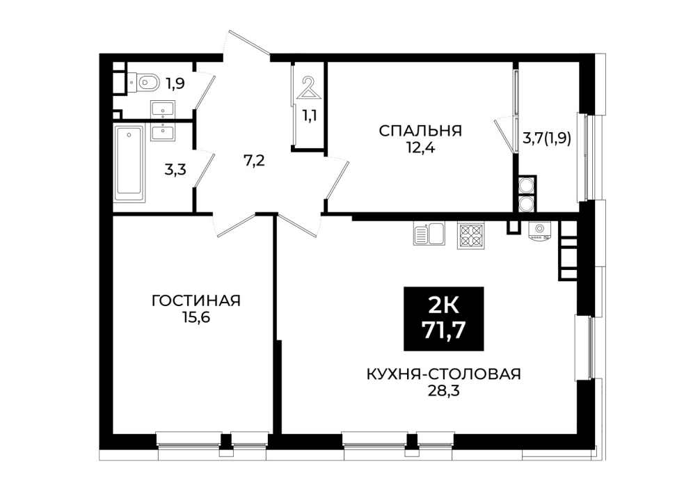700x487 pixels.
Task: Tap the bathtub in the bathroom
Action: click(x=129, y=163)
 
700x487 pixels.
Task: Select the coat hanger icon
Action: click(x=308, y=88)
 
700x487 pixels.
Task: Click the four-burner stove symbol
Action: click(x=470, y=235)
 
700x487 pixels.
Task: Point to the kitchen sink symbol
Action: click(x=428, y=234)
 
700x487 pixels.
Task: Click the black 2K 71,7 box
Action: click(x=444, y=318)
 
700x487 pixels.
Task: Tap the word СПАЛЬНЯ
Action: click(x=420, y=131)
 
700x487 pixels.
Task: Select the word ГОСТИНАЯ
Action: click(x=196, y=301)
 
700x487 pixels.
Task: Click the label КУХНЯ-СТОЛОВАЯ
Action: click(x=444, y=374)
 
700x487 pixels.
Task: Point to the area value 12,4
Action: click(x=420, y=147)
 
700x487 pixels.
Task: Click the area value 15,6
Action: click(x=196, y=317)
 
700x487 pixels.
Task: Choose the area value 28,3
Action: click(x=444, y=391)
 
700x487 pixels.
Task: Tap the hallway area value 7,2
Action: click(x=254, y=160)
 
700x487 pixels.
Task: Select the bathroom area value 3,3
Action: click(x=175, y=170)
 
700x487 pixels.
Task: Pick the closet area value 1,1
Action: click(x=310, y=115)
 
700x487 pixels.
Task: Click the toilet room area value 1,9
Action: click(x=175, y=83)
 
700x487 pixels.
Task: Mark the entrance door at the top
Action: click(x=249, y=43)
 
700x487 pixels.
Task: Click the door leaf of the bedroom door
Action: click(x=337, y=180)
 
